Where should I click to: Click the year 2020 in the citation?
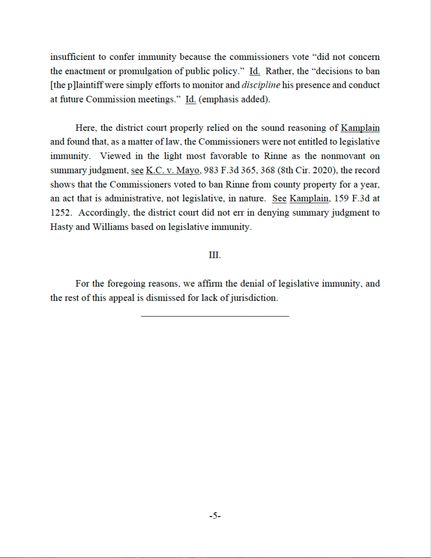[x=323, y=171]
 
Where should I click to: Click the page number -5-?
[x=215, y=515]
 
